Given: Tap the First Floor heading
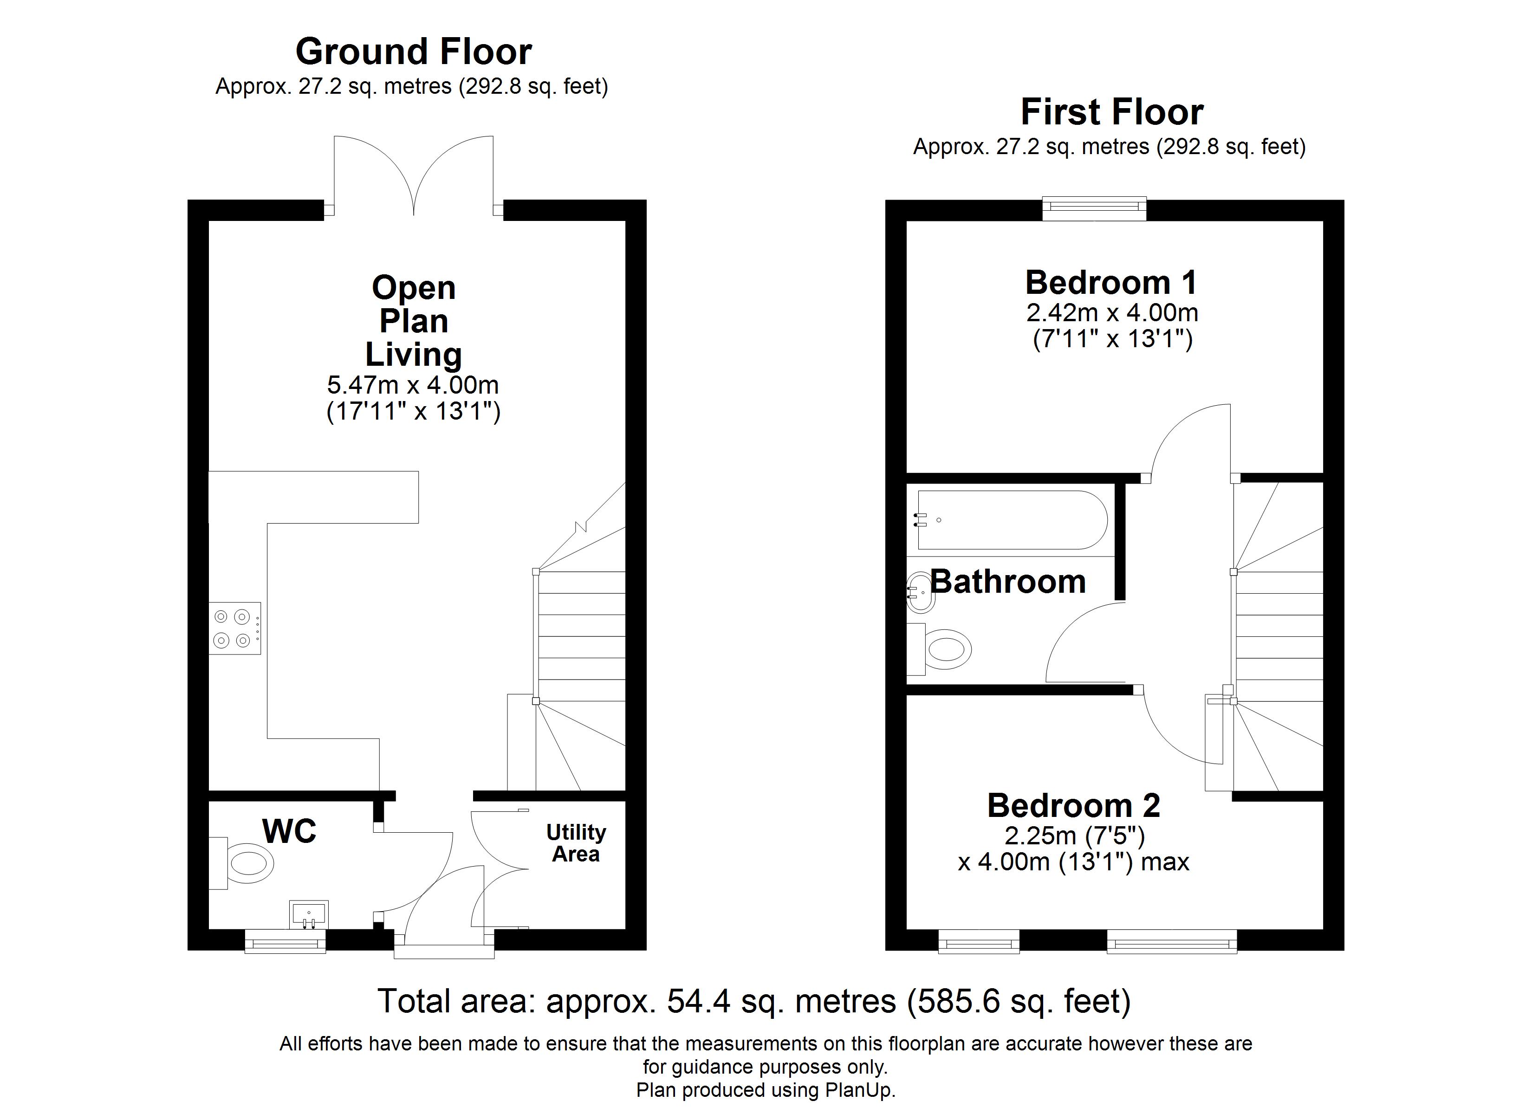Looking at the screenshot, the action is pos(1112,112).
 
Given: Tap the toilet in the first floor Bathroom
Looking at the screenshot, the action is pos(939,649).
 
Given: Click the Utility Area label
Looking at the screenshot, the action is pos(576,842).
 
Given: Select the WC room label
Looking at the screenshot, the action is pos(289,831).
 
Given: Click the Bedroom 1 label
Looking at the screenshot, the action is pos(1111,282).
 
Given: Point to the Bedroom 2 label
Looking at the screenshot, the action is pos(1074,805).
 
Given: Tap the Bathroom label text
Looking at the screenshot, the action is pos(1008,582).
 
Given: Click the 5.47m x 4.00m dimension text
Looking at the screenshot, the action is pos(413,385).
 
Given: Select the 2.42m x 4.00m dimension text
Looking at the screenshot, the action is pos(1112,313).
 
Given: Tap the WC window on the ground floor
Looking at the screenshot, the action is pos(285,941).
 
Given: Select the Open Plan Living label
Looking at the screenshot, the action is pos(413,321).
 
